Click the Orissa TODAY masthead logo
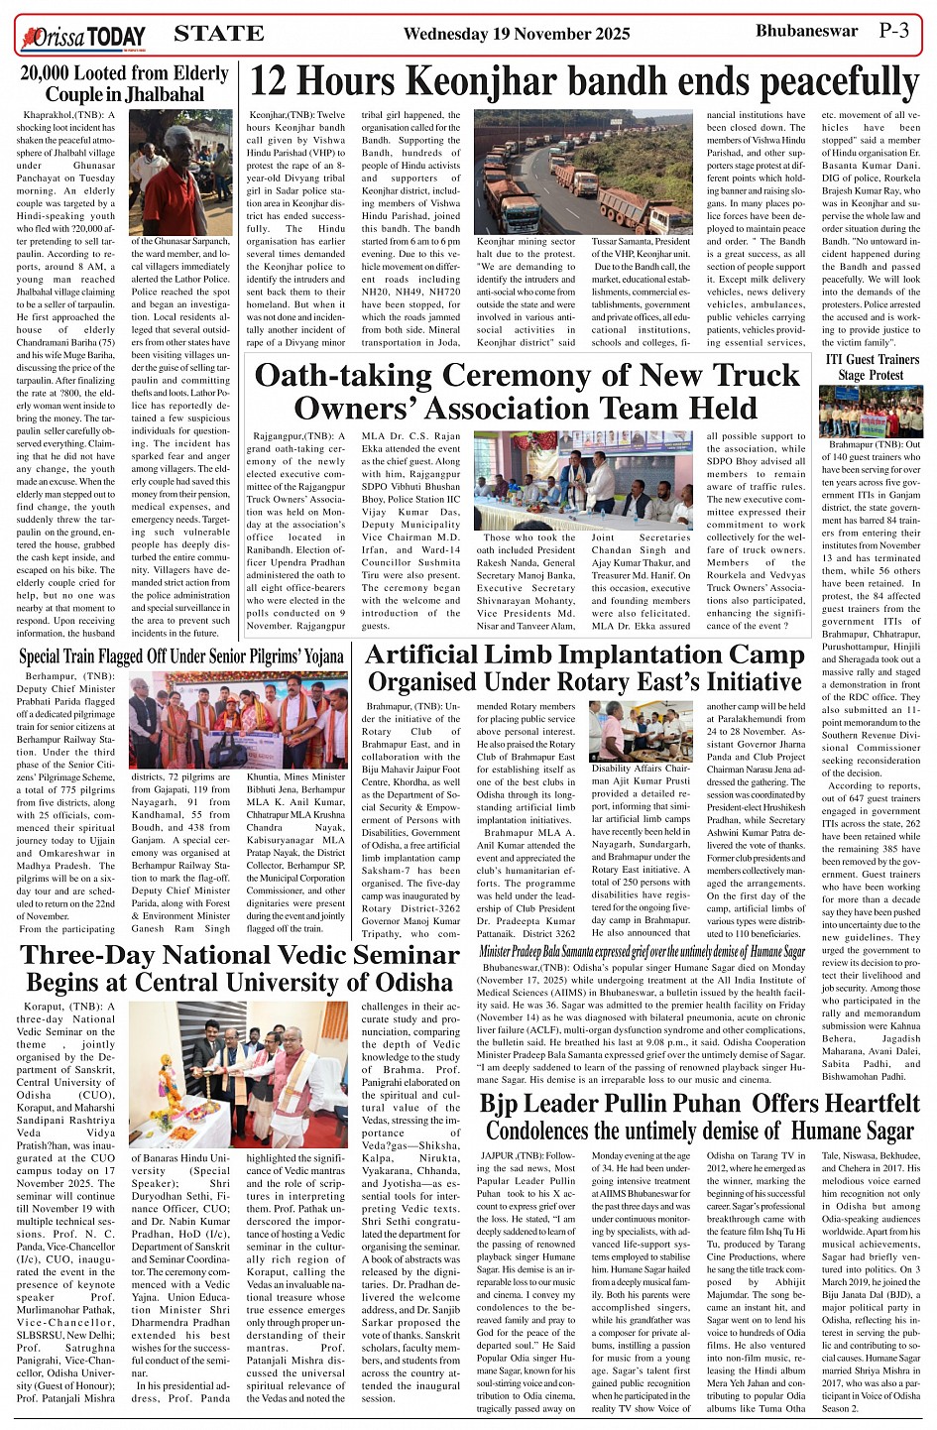(82, 38)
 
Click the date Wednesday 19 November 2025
(516, 34)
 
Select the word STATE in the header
(218, 34)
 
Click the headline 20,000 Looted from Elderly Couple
(124, 84)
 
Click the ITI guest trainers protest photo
(871, 411)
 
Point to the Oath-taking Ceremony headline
(527, 391)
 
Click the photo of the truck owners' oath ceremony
(582, 480)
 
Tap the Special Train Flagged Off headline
(181, 656)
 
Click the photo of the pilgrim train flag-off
(239, 720)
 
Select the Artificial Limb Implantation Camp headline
(584, 668)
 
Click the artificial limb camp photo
(640, 731)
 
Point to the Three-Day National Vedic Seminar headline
(239, 968)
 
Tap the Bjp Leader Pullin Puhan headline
(700, 1117)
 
